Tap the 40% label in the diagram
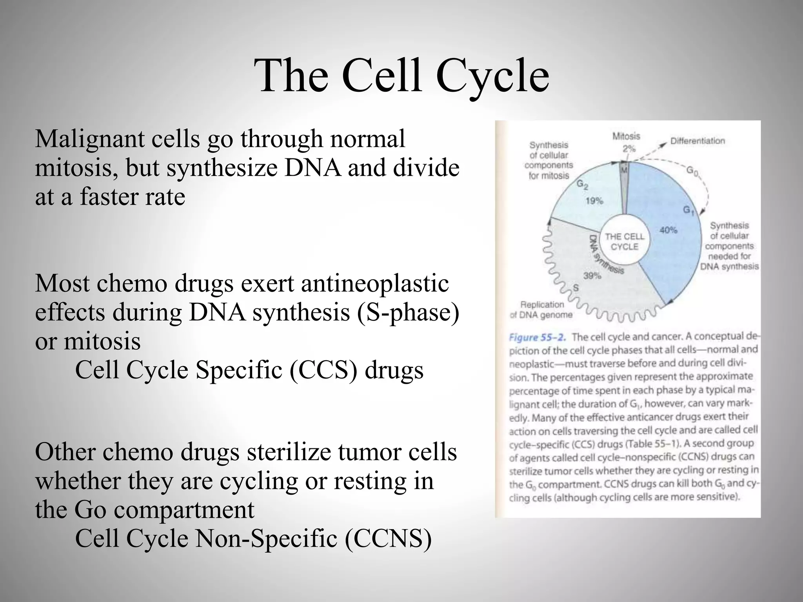(668, 230)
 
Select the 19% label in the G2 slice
(594, 201)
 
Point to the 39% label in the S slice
(592, 276)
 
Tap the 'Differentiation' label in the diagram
(698, 141)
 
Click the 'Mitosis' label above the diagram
(626, 136)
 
